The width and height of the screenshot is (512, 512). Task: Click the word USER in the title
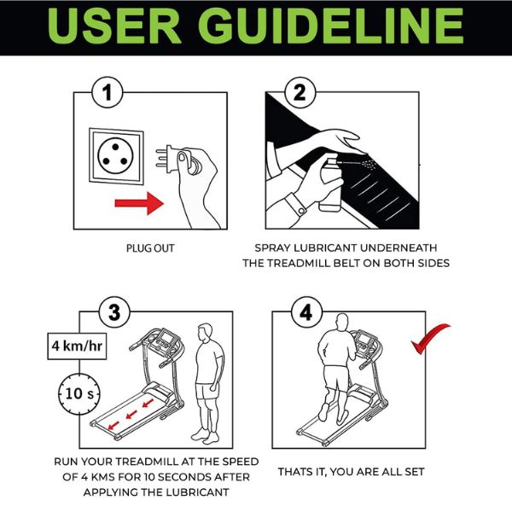click(x=114, y=26)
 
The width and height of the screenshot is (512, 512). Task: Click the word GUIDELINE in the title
click(x=331, y=26)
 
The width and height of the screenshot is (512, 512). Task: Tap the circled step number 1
click(x=108, y=92)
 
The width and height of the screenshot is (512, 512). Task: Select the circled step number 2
click(x=300, y=92)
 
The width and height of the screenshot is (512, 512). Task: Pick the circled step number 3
click(x=114, y=311)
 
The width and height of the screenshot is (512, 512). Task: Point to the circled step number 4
click(x=306, y=311)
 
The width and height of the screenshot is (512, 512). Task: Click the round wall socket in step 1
click(x=115, y=156)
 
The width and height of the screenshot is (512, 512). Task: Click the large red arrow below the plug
click(x=139, y=203)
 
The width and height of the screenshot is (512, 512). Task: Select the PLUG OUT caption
click(x=150, y=248)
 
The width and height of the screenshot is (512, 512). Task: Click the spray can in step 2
click(x=329, y=183)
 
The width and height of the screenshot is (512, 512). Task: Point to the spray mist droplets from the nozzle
click(x=369, y=163)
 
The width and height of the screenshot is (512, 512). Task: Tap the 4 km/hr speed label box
click(x=77, y=346)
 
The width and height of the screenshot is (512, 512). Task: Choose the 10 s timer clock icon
click(x=79, y=393)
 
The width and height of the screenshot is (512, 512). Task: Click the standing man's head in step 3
click(x=206, y=332)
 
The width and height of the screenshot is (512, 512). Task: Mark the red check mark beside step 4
click(x=429, y=338)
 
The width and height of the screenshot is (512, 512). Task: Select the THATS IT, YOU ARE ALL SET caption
click(x=351, y=472)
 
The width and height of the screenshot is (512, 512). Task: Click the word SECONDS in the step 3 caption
click(x=185, y=477)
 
